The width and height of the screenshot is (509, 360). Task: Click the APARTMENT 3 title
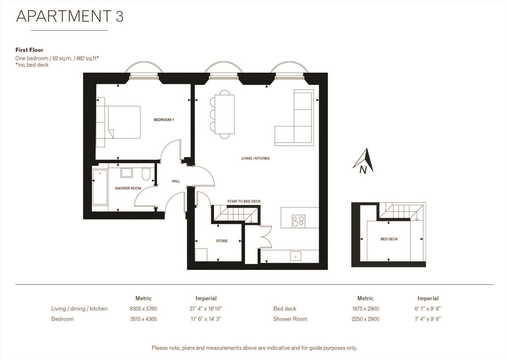click(x=70, y=16)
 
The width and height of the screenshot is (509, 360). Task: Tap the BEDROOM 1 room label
click(x=164, y=120)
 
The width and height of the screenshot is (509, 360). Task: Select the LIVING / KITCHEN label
click(x=255, y=158)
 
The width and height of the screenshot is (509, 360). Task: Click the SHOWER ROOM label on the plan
click(x=128, y=188)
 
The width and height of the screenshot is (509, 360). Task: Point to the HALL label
click(x=176, y=181)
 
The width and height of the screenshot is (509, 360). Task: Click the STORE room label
click(x=221, y=241)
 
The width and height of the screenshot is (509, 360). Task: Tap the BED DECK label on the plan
click(x=389, y=239)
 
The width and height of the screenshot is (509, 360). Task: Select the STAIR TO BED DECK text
click(x=243, y=201)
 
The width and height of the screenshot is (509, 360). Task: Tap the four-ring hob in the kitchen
click(x=298, y=220)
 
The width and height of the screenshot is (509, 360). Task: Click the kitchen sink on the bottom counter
click(x=295, y=256)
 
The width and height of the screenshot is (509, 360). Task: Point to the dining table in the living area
click(x=224, y=113)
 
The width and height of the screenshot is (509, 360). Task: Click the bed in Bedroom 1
click(x=123, y=122)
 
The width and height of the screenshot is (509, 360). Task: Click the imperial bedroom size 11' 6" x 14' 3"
click(x=206, y=319)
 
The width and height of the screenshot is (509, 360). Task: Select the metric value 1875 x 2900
click(x=365, y=309)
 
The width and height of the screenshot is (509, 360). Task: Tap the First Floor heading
click(x=29, y=50)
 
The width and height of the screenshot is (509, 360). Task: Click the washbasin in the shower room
click(x=127, y=172)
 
